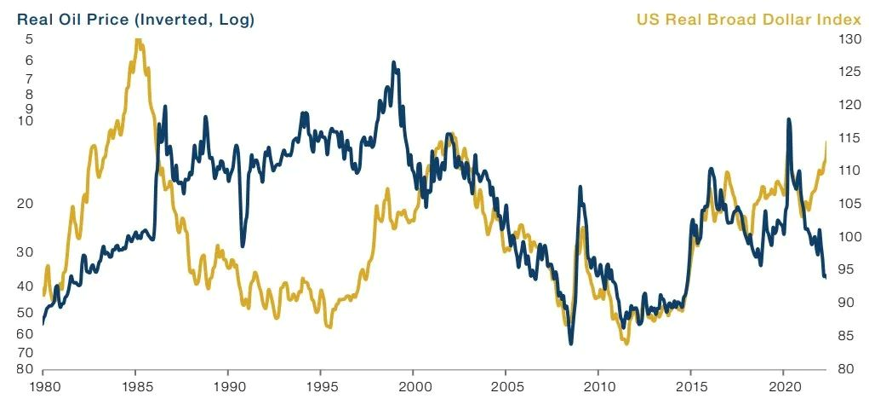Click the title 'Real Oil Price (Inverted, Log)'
(x=135, y=19)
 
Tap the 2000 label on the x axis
(x=413, y=384)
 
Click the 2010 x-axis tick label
(x=597, y=384)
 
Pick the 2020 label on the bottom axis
(x=783, y=384)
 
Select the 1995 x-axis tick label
(x=320, y=384)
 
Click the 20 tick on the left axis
(x=25, y=204)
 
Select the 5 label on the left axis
(x=29, y=39)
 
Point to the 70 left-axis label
(x=25, y=352)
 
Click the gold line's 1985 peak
(x=138, y=40)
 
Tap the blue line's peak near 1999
(x=393, y=63)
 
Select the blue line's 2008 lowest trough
(x=570, y=343)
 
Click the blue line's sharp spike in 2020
(x=789, y=120)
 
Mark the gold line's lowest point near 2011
(x=626, y=343)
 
